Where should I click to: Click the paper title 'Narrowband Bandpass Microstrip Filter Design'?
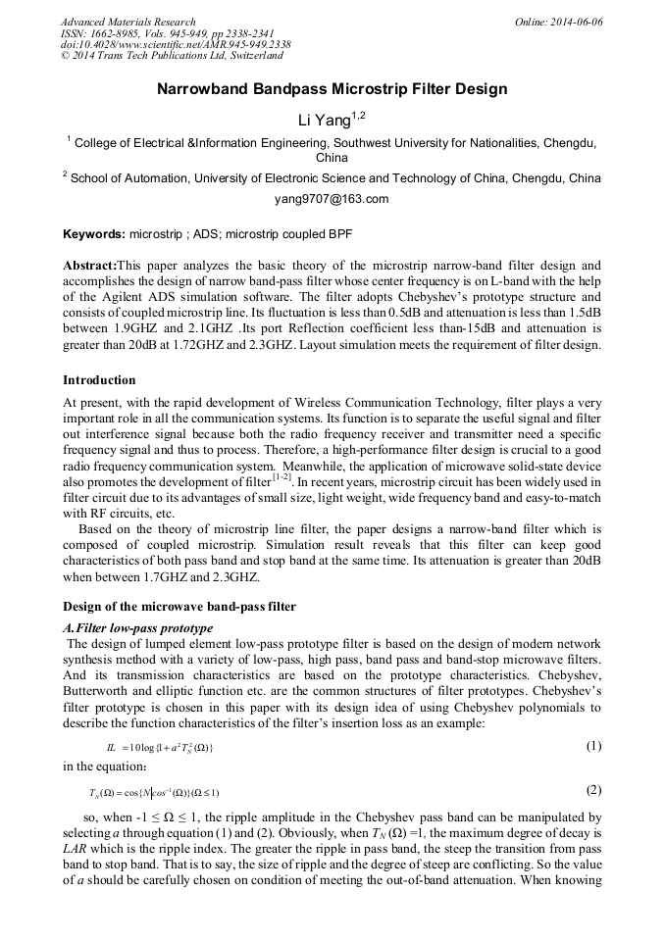[332, 89]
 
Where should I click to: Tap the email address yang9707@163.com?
[332, 199]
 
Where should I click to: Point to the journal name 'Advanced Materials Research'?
[128, 22]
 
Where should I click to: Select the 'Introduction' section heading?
[99, 379]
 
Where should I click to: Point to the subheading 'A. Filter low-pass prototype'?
[137, 627]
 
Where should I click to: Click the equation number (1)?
[593, 746]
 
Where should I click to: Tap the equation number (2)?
[593, 790]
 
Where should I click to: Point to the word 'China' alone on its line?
[332, 157]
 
